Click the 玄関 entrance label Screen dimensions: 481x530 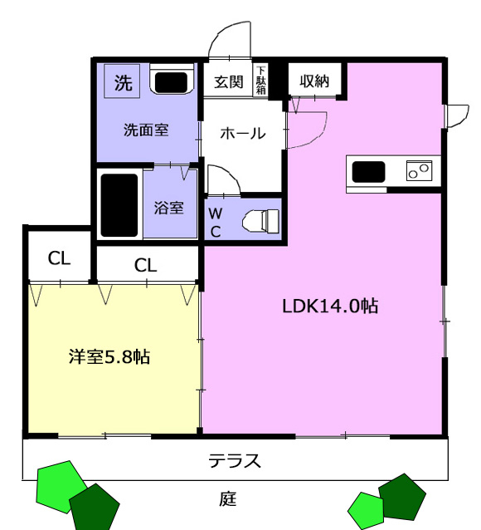229,81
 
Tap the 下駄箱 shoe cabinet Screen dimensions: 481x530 261,80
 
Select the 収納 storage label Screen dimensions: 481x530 314,81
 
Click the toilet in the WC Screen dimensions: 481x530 261,221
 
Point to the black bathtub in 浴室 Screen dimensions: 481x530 119,205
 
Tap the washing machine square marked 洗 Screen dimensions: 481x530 122,81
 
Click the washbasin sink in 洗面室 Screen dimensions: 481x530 172,80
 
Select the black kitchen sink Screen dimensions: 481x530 368,172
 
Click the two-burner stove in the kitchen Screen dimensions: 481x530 420,170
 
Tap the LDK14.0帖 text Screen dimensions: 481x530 330,306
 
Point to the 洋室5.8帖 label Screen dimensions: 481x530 109,356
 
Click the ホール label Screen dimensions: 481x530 243,133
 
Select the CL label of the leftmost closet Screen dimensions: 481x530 59,258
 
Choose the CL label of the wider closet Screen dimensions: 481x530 145,265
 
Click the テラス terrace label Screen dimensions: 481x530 235,460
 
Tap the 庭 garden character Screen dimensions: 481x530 228,499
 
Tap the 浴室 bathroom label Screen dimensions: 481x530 169,208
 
